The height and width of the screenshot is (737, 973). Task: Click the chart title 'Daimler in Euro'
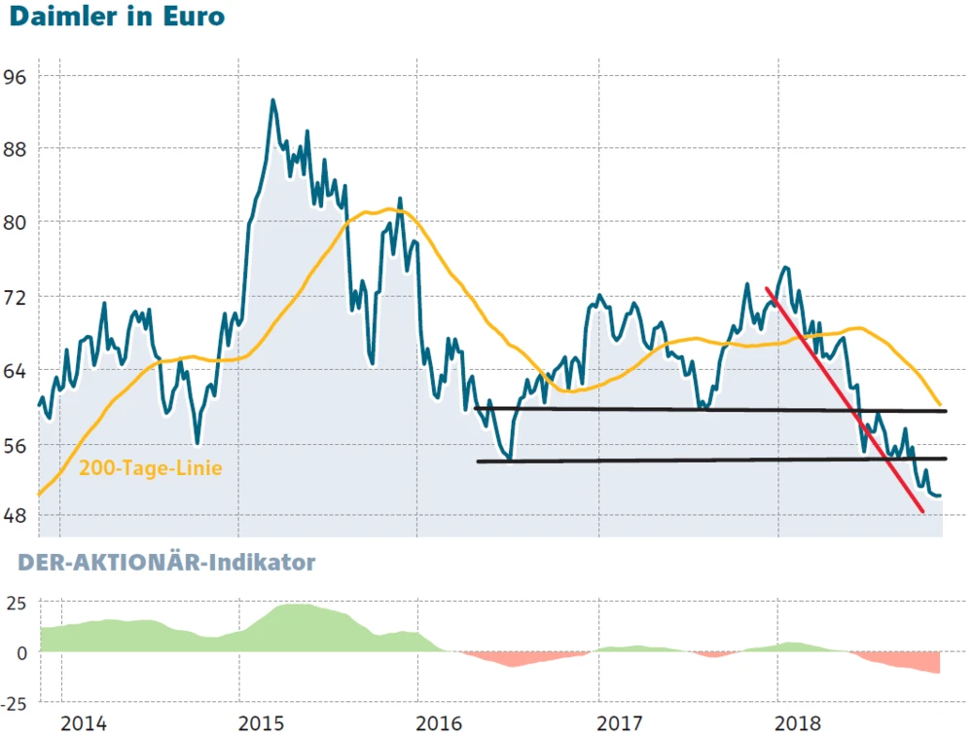click(115, 18)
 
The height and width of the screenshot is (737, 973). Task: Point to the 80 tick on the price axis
click(18, 222)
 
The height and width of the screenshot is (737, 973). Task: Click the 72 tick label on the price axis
click(18, 296)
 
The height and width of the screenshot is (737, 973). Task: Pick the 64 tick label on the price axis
click(18, 370)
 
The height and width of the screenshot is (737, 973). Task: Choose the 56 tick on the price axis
click(18, 444)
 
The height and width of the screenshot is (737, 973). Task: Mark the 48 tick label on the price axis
click(18, 516)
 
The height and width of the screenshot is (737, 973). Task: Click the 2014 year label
click(82, 724)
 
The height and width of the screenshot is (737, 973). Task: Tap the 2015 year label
click(261, 724)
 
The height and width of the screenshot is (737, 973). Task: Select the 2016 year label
click(440, 724)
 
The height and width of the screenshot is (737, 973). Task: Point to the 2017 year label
click(620, 724)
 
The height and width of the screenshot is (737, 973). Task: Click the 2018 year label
click(800, 724)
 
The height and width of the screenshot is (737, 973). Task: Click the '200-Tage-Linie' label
click(151, 468)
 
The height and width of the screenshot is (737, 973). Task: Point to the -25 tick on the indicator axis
click(14, 703)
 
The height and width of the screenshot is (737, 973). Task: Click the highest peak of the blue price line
click(272, 100)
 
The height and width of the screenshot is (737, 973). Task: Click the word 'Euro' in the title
click(192, 18)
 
